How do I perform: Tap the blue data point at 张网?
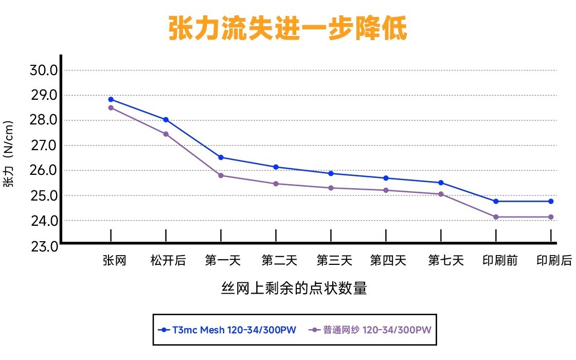pos(111,99)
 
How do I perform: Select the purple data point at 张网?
pos(111,107)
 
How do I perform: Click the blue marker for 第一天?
pos(221,157)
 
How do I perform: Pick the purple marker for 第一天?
pos(221,175)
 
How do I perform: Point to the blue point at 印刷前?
pos(496,201)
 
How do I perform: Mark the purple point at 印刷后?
pos(551,217)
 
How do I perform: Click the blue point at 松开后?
pos(166,119)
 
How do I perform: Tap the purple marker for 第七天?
pos(441,194)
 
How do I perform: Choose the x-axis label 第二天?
pos(279,261)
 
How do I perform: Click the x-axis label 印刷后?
pos(554,261)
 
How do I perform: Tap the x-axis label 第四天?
pos(388,261)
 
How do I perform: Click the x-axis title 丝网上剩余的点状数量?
pos(294,289)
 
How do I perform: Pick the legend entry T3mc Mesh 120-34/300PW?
pos(228,330)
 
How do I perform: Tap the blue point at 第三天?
pos(331,173)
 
